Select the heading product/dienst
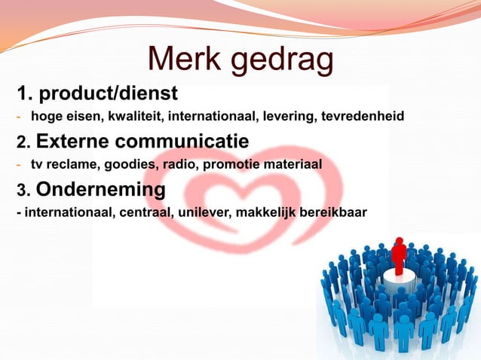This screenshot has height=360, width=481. pos(108,94)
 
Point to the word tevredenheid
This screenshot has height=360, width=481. pos(363,116)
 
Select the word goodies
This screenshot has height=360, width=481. pos(122,163)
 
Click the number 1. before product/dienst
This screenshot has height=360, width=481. pos(25,94)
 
